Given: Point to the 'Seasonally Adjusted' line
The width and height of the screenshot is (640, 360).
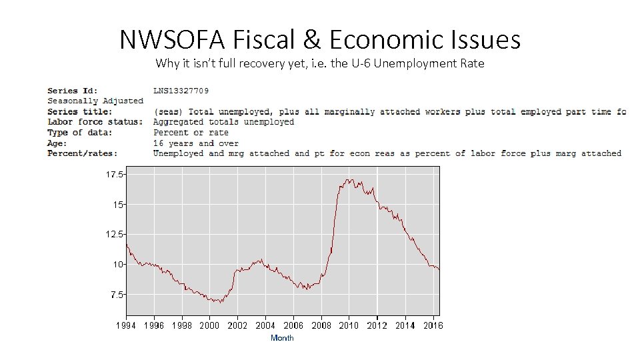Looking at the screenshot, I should coord(95,101).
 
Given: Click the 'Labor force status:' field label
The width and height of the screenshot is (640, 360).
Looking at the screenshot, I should coord(95,122).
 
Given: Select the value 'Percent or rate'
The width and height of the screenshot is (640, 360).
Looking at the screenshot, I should coord(191,132).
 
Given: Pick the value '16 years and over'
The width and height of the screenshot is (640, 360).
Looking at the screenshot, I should coord(195,143).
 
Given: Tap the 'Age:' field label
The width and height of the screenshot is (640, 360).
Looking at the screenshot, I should coord(57,143).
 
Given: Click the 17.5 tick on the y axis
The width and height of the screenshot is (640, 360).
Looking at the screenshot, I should coord(114,174).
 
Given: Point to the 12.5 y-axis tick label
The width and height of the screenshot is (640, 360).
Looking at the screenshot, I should coord(114,234).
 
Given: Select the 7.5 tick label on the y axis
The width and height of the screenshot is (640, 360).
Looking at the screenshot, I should coord(116,294).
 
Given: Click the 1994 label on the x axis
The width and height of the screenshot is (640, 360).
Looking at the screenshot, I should coord(125,325).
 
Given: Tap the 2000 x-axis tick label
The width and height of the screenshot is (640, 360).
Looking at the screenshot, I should coord(209,325).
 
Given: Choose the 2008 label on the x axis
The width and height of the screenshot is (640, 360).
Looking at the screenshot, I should coord(321,325).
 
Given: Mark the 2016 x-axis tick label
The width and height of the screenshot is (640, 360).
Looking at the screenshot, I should coord(433,325).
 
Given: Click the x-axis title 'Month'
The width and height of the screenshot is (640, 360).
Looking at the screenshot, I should coord(282,338).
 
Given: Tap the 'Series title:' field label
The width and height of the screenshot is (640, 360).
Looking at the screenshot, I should coord(80,111).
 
